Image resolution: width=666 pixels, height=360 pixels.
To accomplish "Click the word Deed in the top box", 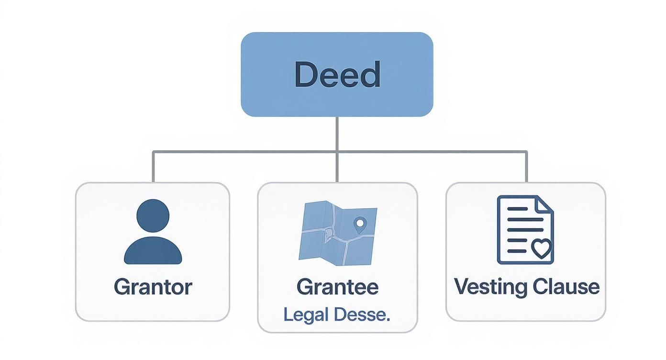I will point(337,75).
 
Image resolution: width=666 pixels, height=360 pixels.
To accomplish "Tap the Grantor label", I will point(153,287).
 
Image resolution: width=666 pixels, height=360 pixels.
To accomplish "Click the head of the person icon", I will point(153,215).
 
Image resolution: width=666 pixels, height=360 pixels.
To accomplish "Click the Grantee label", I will point(337,287).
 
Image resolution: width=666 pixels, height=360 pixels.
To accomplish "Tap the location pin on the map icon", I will point(360,223).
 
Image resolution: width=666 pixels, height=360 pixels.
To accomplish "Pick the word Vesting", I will point(490,287).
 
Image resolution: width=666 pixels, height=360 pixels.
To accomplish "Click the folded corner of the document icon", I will point(544,204).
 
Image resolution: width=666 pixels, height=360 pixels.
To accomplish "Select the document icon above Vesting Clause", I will point(519,230).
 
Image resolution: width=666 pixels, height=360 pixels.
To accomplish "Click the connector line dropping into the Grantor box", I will point(153,168).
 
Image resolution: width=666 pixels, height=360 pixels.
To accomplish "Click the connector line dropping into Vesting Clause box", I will point(526,168).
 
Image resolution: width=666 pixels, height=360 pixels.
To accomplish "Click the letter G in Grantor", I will point(121,287).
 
